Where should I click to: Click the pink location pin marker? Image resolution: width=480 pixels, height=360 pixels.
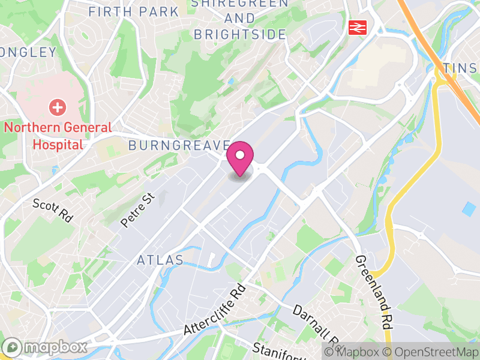(240, 157)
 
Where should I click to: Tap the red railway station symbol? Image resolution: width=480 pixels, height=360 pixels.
(358, 27)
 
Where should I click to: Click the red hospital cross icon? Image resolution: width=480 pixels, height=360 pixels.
(58, 109)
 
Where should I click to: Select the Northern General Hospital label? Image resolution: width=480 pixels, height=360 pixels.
(58, 136)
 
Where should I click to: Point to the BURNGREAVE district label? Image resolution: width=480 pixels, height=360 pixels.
(179, 145)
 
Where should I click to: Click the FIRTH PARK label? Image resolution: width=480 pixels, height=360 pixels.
(133, 11)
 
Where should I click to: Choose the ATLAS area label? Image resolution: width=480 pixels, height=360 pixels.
(160, 260)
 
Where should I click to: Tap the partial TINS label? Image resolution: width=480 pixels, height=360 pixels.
(461, 69)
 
